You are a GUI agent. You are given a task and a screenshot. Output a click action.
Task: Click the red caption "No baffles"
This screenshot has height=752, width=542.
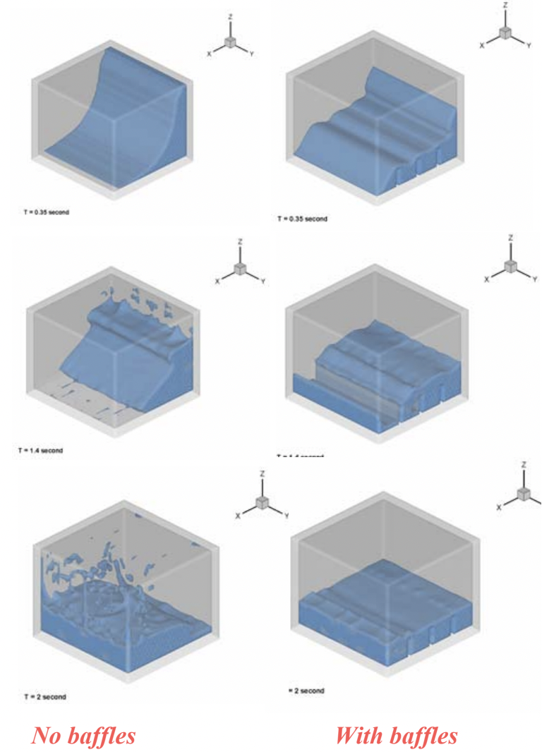83,736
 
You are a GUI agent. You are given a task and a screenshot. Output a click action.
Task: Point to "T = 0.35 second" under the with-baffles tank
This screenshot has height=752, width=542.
302,219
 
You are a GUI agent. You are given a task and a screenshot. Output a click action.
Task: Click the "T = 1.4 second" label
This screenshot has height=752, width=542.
41,450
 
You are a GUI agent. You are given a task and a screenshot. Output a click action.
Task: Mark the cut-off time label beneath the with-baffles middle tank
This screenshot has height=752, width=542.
300,456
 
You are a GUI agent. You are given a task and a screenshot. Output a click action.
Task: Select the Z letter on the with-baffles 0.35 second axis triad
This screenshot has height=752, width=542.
505,6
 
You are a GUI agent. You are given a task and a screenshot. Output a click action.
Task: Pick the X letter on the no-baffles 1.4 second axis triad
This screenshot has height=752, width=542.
218,281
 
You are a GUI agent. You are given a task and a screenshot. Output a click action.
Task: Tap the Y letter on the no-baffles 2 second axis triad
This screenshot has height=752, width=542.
286,516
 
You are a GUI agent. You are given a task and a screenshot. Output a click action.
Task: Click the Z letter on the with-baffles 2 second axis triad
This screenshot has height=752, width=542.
523,466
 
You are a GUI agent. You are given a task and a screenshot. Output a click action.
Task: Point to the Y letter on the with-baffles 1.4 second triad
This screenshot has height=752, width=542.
535,279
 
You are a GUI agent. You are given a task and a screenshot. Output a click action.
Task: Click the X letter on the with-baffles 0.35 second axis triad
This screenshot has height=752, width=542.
482,44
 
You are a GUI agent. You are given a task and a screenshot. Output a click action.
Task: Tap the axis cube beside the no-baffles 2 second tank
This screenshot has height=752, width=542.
262,502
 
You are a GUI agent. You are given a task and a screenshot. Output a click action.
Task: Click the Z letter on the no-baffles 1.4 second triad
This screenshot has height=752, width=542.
241,242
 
